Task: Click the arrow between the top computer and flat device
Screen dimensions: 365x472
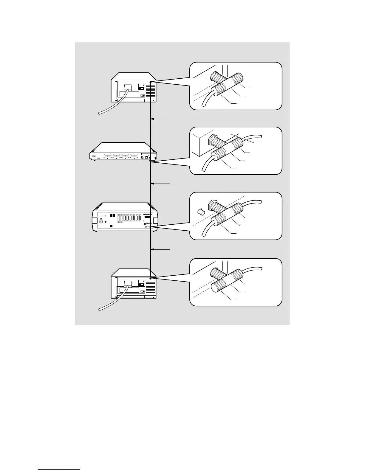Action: click(x=161, y=119)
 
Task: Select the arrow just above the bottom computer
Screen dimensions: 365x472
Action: click(x=161, y=249)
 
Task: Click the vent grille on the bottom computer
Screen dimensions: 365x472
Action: click(x=151, y=287)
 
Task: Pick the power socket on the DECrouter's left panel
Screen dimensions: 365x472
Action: click(x=101, y=222)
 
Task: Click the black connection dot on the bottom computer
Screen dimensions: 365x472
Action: click(x=151, y=278)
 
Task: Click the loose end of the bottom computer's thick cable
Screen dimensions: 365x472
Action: click(x=100, y=310)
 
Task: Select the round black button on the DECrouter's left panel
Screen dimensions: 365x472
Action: click(x=106, y=222)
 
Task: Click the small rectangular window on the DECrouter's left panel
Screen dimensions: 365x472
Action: click(x=103, y=216)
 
